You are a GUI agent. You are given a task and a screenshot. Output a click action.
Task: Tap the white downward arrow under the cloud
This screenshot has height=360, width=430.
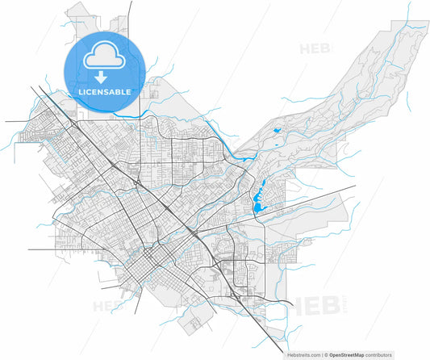(102, 77)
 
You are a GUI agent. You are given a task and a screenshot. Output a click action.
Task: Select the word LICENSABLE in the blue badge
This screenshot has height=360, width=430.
(103, 93)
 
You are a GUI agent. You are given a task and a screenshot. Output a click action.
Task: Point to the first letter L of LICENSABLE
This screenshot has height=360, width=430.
(79, 93)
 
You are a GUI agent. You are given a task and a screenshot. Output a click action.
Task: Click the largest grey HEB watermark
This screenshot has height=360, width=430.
(309, 308)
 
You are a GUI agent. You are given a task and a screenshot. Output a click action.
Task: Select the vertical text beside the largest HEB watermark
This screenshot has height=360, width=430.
(340, 308)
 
